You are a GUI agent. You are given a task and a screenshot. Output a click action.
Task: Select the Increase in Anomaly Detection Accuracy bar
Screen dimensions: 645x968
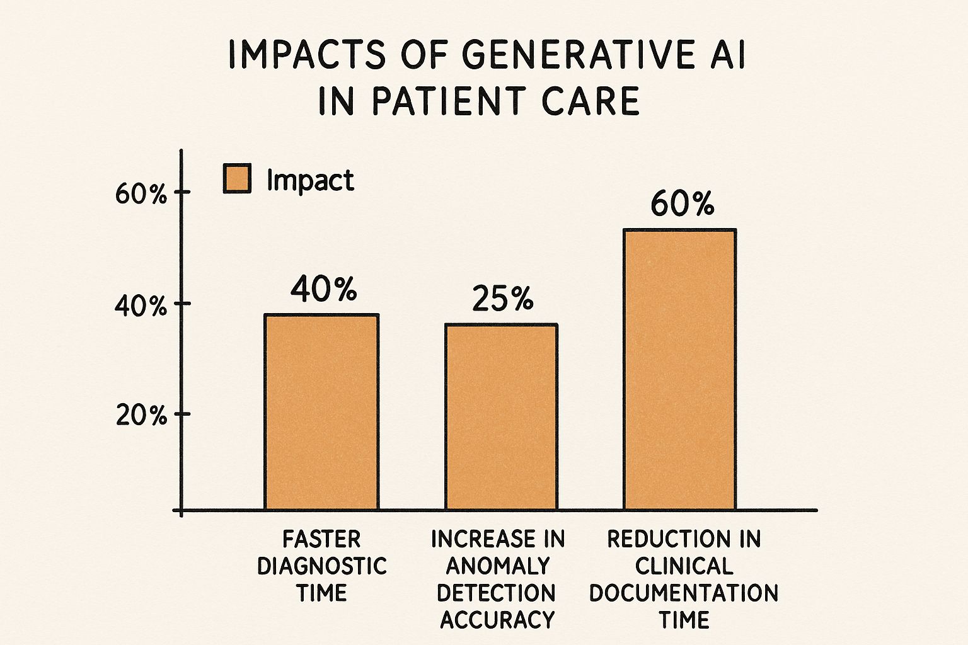coord(501,416)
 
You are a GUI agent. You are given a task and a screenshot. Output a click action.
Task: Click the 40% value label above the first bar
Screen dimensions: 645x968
coord(323,289)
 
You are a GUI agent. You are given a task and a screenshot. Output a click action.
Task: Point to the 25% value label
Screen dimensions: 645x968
coord(502,299)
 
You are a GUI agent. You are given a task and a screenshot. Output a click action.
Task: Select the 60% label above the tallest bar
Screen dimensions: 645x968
coord(682,205)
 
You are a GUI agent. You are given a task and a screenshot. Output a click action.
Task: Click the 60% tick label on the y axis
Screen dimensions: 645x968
coord(141,194)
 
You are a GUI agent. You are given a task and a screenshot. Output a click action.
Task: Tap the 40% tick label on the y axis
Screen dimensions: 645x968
coord(141,307)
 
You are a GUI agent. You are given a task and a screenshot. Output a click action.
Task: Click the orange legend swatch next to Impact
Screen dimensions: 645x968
coord(237,178)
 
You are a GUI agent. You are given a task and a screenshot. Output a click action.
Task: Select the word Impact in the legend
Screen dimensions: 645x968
coord(310,181)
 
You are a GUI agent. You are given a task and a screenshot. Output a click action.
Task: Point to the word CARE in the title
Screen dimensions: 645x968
coord(591,101)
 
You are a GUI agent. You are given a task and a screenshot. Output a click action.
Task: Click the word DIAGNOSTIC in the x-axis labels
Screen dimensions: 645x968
coord(322,566)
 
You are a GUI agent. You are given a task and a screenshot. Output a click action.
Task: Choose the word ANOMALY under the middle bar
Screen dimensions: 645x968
coord(497,566)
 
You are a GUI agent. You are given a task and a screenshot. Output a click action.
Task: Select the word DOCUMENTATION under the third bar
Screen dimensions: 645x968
coord(684,593)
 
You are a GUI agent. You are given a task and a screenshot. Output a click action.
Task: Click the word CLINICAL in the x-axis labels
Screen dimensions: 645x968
coord(684,566)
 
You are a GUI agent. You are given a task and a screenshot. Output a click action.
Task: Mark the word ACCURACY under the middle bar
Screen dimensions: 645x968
coord(497,620)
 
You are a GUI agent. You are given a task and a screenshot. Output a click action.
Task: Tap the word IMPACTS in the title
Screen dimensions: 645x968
coord(306,55)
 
